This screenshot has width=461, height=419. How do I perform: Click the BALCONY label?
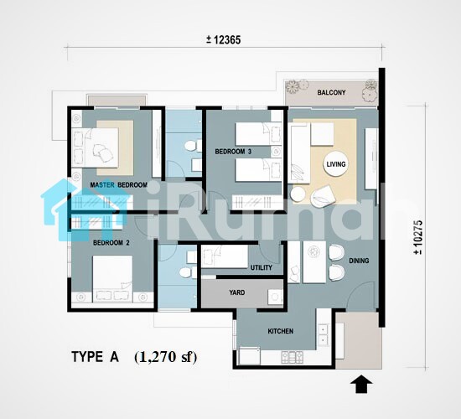331,93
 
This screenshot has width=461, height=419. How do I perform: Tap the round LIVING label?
336,164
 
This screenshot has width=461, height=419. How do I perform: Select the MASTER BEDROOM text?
118,185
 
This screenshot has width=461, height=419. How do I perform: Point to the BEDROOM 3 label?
233,152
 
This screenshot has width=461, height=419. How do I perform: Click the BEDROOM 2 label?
111,243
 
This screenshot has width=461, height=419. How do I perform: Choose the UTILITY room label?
262,267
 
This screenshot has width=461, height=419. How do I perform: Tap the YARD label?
237,292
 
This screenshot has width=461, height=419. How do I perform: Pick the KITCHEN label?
281,331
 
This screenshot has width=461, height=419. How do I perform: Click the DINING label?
359,261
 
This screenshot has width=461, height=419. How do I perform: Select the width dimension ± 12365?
224,39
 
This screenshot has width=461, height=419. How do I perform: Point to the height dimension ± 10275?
418,237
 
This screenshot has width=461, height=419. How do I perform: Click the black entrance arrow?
361,384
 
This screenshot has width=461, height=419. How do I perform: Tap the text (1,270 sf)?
166,357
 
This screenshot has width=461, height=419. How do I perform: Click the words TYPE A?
95,357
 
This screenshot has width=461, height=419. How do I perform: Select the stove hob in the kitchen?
293,357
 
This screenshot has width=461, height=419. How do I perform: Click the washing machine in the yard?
275,297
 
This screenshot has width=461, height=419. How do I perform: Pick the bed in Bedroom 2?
112,279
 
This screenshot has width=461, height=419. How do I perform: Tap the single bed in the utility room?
225,256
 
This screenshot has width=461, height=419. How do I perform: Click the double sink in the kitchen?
323,335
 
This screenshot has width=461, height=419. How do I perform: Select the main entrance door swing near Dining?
361,295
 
